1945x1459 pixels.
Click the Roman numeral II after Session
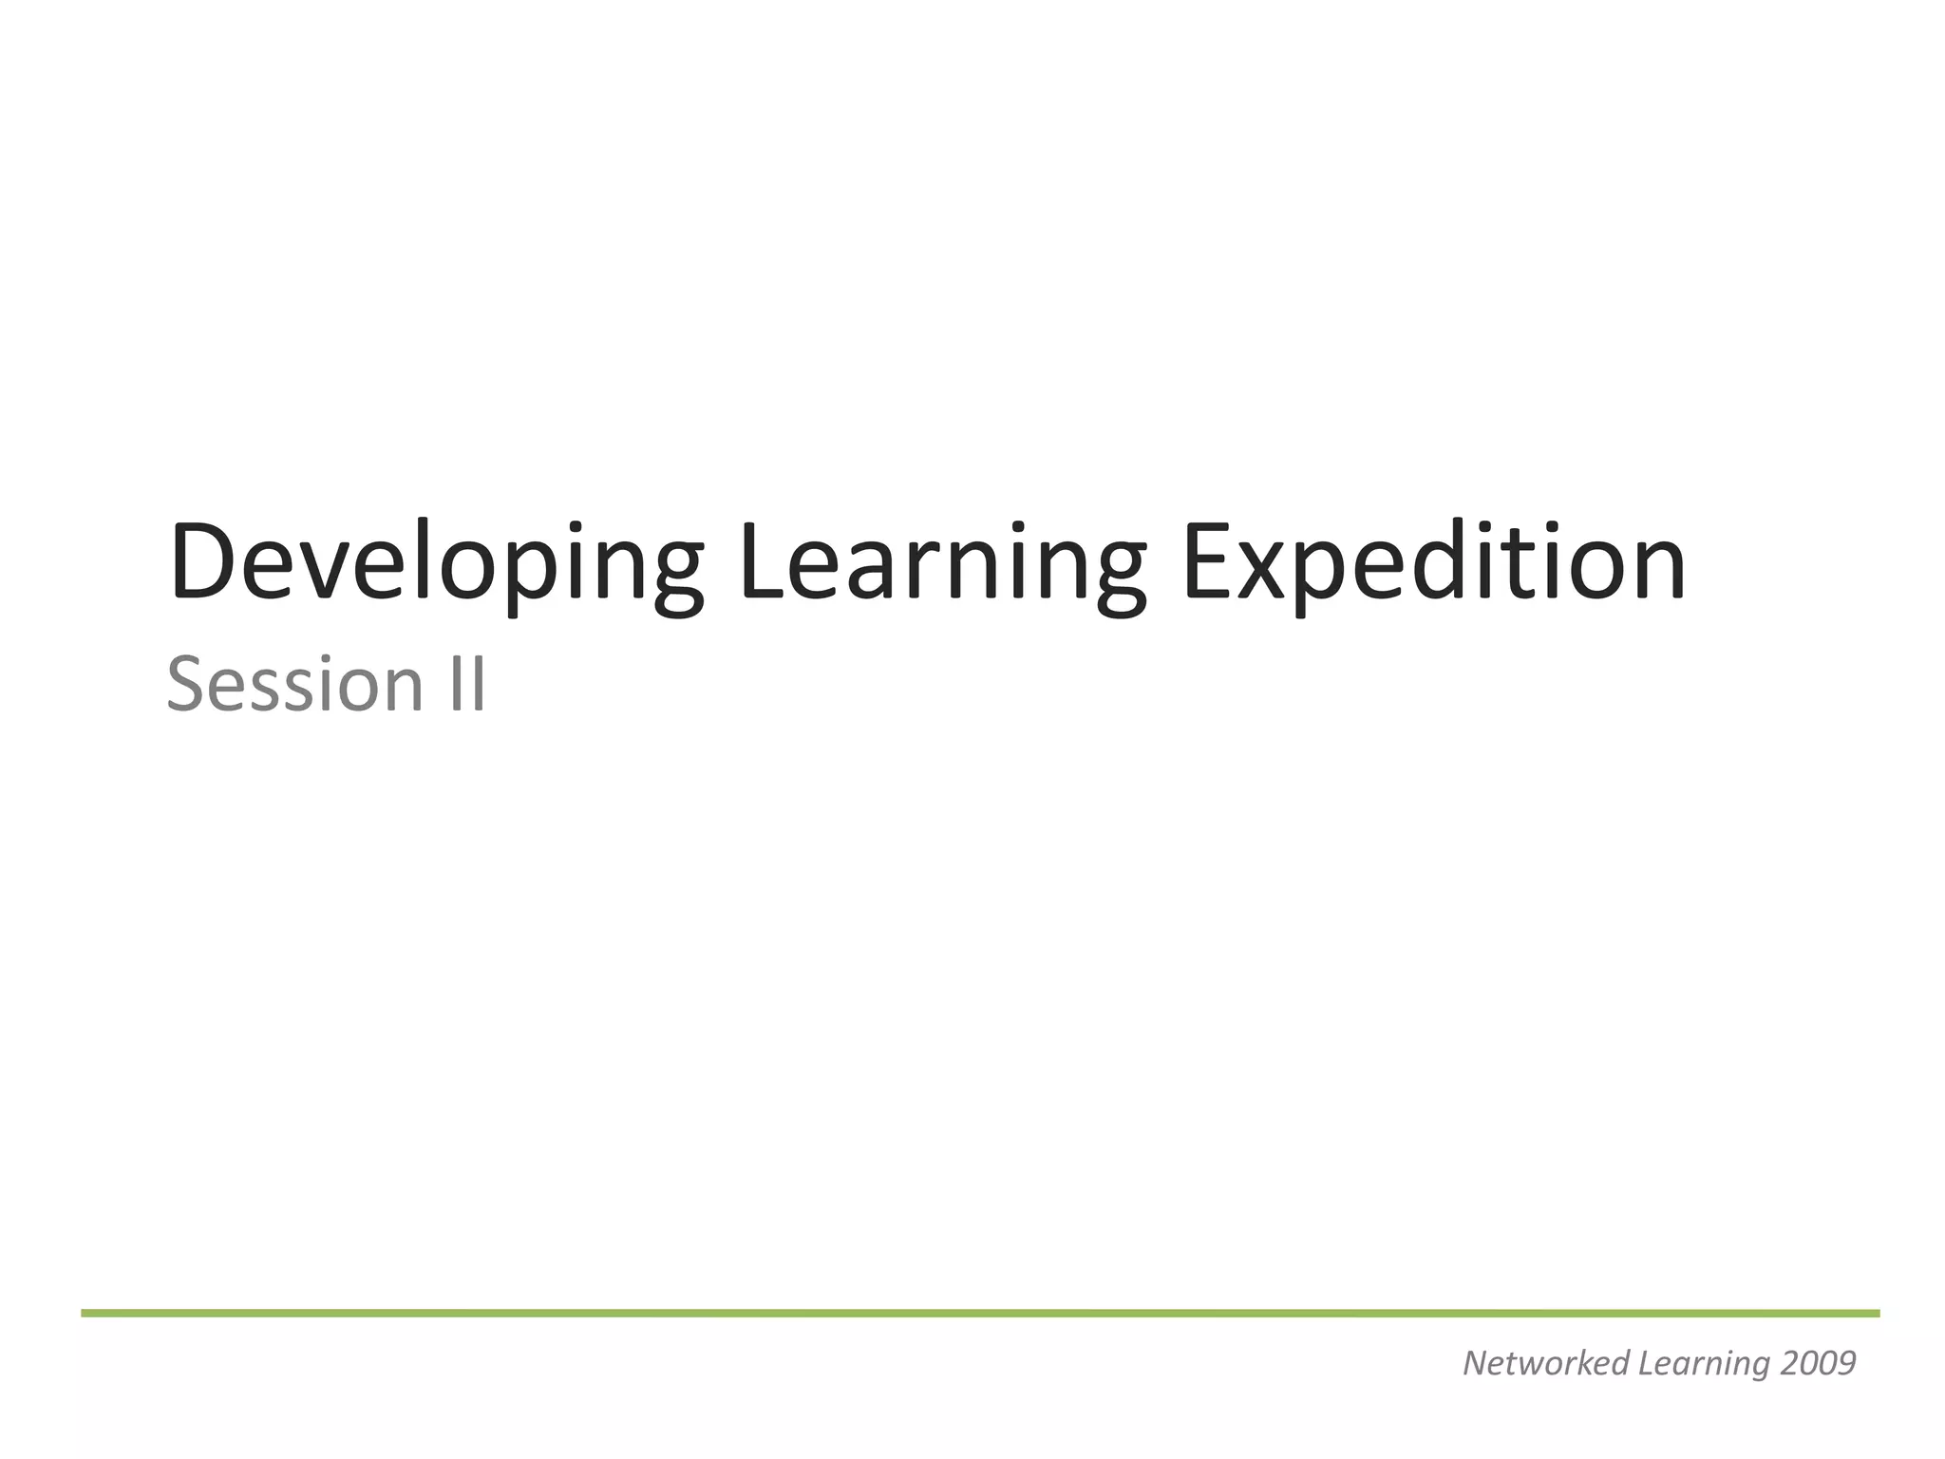click(466, 684)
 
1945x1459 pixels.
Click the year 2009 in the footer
click(1818, 1363)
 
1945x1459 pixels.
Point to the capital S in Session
click(187, 684)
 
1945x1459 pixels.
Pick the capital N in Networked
click(1476, 1363)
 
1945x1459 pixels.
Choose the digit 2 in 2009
click(1789, 1363)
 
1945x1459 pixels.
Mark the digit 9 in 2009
click(1846, 1363)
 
